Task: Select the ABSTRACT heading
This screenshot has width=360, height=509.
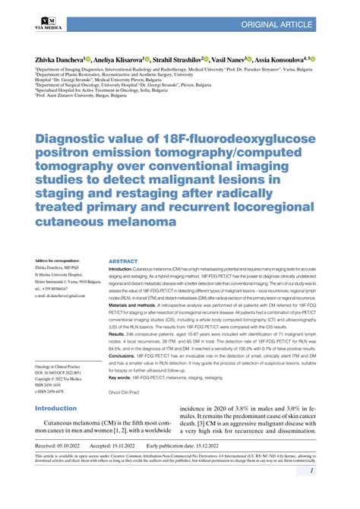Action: pyautogui.click(x=123, y=260)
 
